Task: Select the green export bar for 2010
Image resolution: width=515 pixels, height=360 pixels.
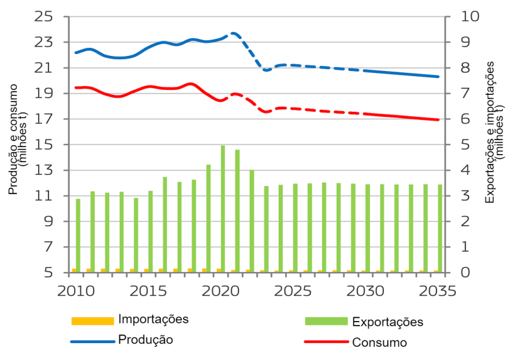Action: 78,236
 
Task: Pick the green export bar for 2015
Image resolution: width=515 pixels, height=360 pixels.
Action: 150,231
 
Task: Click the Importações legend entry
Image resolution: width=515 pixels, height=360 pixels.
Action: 153,319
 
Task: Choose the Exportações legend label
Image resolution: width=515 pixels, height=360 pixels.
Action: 388,322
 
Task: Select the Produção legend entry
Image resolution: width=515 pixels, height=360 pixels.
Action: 145,339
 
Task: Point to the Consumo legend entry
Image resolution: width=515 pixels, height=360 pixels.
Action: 379,342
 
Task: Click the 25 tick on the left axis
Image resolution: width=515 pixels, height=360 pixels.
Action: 45,16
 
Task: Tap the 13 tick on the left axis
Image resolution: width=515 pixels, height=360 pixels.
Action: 45,170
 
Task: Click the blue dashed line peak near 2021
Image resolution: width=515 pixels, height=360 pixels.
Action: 234,33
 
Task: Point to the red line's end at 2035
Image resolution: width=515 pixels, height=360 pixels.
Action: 438,119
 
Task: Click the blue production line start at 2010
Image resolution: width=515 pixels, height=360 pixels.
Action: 75,53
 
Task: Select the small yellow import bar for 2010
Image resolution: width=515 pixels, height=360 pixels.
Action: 74,270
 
